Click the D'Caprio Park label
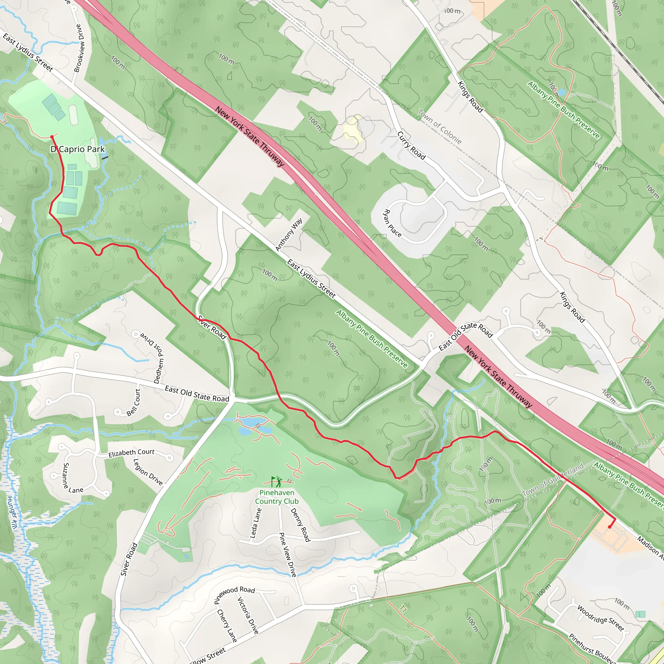point(78,149)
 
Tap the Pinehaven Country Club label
point(277,497)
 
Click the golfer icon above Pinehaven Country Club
point(276,481)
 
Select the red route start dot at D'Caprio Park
point(52,137)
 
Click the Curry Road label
point(411,145)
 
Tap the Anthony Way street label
point(289,234)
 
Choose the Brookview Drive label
point(79,48)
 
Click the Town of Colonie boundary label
point(440,126)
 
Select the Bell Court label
point(133,402)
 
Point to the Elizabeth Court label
point(131,453)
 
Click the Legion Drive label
point(148,472)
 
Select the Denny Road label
point(300,525)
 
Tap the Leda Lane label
point(255,523)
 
